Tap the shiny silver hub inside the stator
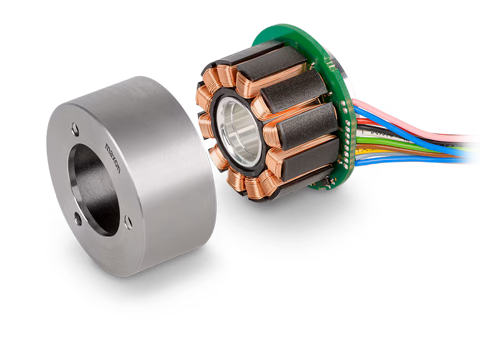(238, 125)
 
